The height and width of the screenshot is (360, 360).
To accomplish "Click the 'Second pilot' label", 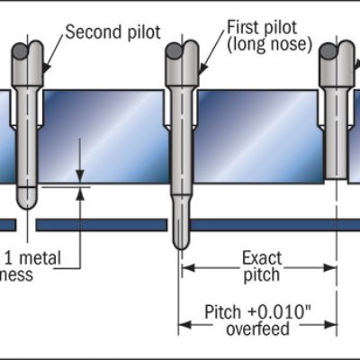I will tap(112, 32).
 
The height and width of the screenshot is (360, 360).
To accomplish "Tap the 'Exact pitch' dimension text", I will tap(262, 267).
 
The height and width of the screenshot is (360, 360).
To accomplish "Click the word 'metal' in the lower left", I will tap(42, 258).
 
